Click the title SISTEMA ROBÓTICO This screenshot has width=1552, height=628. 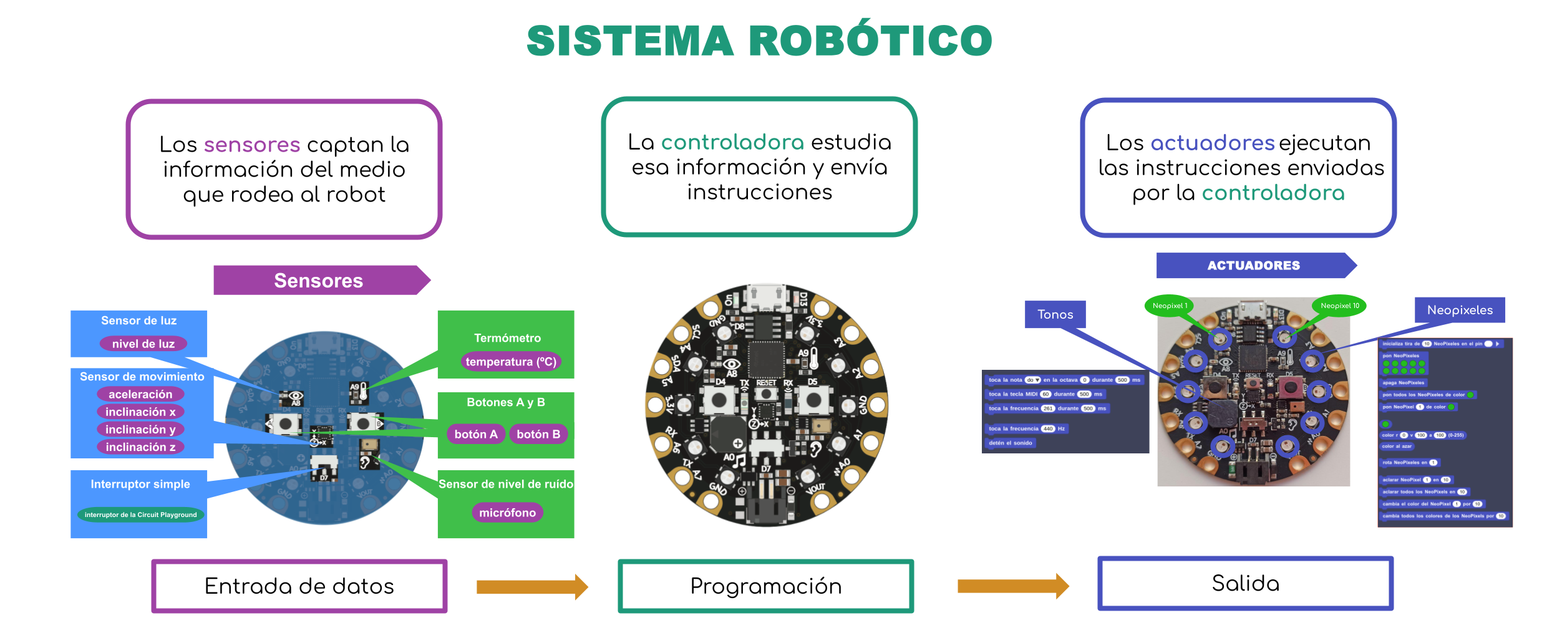point(759,41)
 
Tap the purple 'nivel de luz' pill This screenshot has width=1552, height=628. point(143,344)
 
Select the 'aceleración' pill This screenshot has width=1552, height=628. point(140,394)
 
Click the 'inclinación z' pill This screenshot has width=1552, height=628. point(140,447)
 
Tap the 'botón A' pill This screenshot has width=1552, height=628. point(476,434)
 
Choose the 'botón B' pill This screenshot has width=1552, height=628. point(538,434)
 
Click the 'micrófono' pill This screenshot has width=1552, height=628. point(507,513)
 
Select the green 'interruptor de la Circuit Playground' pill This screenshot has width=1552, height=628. point(140,514)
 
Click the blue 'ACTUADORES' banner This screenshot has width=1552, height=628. point(1254,266)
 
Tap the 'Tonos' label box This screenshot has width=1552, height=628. point(1055,314)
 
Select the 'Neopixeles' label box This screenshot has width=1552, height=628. point(1460,310)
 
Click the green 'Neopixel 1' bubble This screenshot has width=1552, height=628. point(1170,306)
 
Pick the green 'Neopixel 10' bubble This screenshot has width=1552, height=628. point(1339,306)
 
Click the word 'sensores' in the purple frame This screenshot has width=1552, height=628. point(252,145)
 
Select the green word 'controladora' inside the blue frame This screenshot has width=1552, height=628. point(1273,193)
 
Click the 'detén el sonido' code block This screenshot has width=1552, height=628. point(1011,443)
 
